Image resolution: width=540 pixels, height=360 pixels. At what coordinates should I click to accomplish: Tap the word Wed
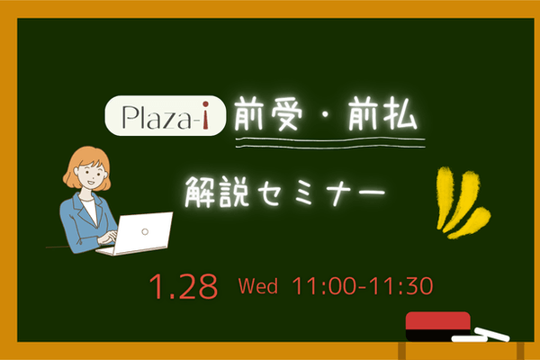[257, 287]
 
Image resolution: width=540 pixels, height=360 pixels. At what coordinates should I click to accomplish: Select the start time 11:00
[325, 287]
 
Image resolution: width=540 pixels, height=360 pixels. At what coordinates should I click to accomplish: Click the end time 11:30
[402, 287]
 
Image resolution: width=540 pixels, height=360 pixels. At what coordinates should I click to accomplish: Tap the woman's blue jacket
[76, 220]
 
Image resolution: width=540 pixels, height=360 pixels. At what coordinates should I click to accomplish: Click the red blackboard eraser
[438, 325]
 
